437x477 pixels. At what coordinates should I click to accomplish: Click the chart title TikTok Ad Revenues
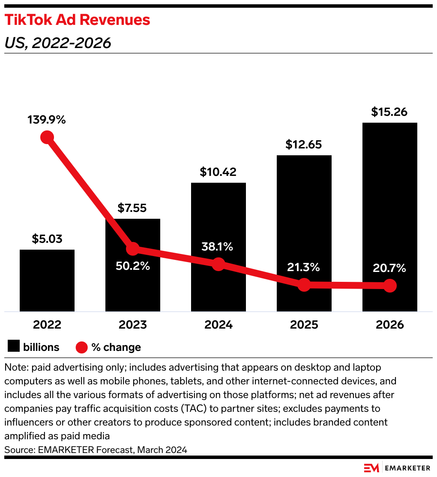(77, 20)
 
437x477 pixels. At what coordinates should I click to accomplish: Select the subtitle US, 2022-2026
(58, 43)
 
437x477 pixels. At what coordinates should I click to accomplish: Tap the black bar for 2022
(47, 281)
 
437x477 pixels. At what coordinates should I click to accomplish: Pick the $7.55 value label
(132, 208)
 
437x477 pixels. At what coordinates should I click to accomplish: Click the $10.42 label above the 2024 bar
(218, 172)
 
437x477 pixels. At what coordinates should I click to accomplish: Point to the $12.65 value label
(304, 145)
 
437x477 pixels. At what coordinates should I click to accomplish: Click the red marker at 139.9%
(47, 137)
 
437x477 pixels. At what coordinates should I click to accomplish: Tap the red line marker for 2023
(133, 248)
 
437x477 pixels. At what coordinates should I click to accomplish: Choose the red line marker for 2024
(218, 264)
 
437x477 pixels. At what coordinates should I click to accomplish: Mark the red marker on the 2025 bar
(304, 284)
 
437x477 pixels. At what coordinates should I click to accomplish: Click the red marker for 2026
(390, 285)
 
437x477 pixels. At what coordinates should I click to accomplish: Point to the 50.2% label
(133, 266)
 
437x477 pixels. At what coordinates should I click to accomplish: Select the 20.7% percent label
(389, 269)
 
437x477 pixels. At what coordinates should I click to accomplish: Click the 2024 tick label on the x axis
(218, 325)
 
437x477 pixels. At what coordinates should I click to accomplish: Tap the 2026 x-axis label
(390, 325)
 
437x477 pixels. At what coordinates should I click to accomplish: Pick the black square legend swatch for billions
(14, 347)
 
